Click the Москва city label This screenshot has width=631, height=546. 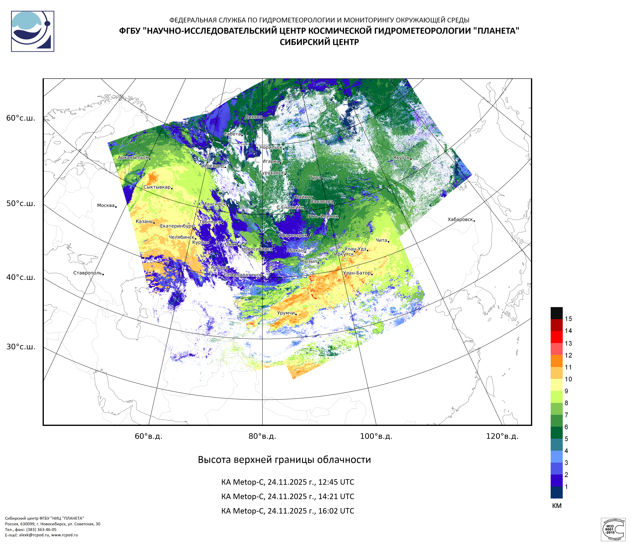point(106,206)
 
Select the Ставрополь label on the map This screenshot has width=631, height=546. point(87,273)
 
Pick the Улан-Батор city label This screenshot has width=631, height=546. point(357,273)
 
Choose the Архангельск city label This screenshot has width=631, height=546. point(133,158)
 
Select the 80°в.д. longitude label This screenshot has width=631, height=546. point(262,436)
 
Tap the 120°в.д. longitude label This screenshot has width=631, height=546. point(502,436)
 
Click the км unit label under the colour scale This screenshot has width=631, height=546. point(557,506)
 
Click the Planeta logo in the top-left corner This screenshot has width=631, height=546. point(33,31)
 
